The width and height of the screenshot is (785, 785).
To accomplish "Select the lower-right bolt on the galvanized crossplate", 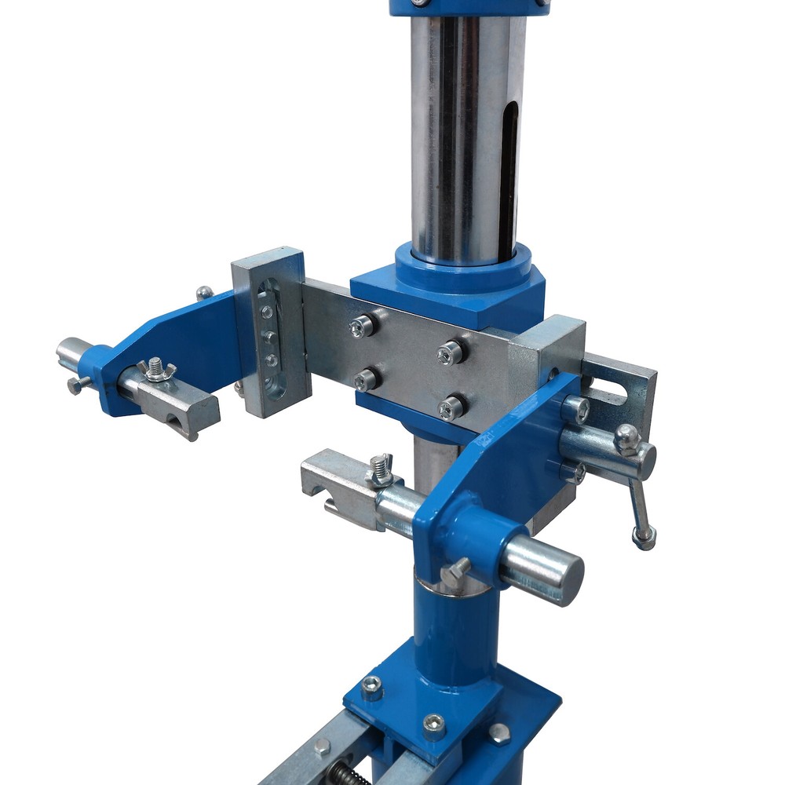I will (x=451, y=407).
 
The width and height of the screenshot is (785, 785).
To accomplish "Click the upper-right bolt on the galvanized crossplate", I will (x=450, y=352).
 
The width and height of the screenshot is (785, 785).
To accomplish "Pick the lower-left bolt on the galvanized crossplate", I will (x=365, y=380).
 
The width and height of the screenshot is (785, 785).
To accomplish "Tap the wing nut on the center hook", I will (x=382, y=469).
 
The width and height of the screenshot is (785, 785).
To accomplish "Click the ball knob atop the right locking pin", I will (x=626, y=438).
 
